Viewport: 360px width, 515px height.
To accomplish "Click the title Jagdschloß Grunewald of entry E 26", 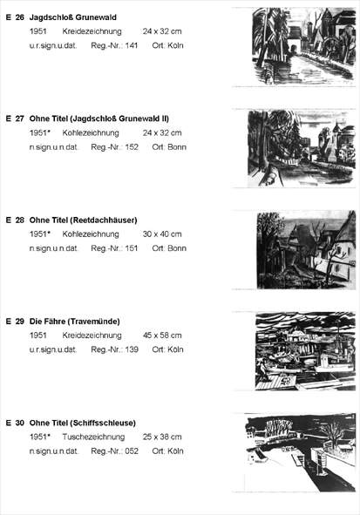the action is pos(73,17).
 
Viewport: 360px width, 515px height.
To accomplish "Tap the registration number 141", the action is pos(131,45).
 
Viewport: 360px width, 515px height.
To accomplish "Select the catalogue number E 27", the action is pos(15,119).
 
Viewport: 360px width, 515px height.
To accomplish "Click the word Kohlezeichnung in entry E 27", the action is pos(91,133).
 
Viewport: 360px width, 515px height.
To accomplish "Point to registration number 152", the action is pos(132,147).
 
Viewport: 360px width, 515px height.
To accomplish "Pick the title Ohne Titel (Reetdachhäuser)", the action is pos(83,220).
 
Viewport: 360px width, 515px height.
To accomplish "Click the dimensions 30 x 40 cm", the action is pos(162,234).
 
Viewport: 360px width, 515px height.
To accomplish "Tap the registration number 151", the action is pos(131,248).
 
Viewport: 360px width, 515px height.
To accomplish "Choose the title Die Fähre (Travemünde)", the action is pos(75,322).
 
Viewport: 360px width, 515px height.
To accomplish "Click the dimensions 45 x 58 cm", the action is pos(162,335).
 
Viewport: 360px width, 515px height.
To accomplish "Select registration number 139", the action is pos(132,349).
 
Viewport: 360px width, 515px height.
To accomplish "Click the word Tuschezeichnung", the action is pos(93,437).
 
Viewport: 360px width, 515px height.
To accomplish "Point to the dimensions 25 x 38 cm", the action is pos(162,437).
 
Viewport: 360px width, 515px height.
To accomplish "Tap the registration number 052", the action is pos(132,451).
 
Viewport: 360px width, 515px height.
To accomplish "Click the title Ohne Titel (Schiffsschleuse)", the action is pos(83,423).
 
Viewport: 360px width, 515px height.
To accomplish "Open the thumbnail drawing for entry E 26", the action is pos(304,47).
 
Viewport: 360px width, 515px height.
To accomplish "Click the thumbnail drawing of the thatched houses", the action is pos(306,250).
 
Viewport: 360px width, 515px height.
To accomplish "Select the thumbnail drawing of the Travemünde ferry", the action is pos(305,351).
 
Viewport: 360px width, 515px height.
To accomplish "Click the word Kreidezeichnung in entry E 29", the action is pos(92,335).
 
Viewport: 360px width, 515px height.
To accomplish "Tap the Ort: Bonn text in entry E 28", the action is pos(169,248).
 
